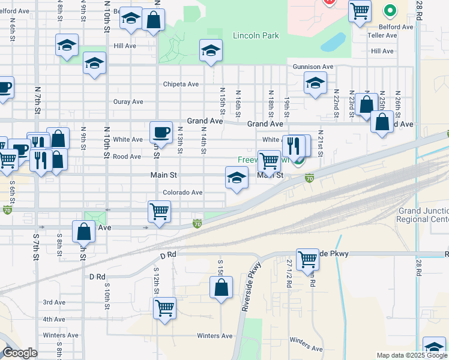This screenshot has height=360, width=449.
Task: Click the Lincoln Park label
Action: pos(256,36)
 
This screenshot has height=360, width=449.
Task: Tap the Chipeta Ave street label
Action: pos(181,85)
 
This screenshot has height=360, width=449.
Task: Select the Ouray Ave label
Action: pos(128,102)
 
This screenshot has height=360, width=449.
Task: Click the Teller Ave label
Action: pos(383,35)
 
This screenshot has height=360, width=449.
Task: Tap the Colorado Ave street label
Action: pos(182,193)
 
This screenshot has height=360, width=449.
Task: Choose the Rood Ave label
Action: pos(127,157)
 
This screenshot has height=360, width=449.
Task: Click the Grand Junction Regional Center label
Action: pos(423,215)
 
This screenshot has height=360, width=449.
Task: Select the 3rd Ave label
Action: pos(54,302)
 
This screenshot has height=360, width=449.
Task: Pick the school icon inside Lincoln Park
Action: pos(211,50)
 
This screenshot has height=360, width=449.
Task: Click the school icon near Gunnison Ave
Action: pos(315,83)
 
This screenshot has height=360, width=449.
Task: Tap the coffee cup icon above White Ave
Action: pos(161,131)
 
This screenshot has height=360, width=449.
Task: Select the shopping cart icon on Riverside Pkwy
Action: pos(307,259)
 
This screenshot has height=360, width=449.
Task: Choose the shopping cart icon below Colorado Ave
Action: pos(159,211)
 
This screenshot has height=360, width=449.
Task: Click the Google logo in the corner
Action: pos(20,353)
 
